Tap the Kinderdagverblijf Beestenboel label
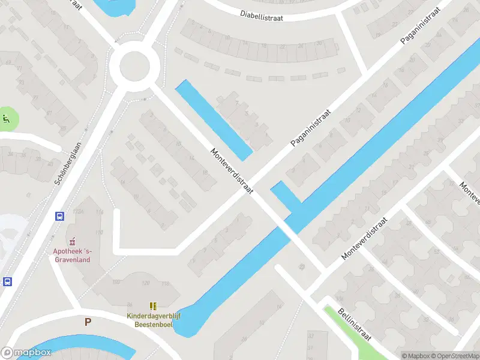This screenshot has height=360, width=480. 154,320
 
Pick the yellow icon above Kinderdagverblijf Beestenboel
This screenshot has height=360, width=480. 153,306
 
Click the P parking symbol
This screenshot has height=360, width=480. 88,322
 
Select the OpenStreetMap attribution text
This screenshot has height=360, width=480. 457,356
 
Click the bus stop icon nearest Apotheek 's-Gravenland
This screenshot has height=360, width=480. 59,217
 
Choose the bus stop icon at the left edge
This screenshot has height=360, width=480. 7,281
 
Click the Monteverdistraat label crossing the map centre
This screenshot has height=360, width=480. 232,170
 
